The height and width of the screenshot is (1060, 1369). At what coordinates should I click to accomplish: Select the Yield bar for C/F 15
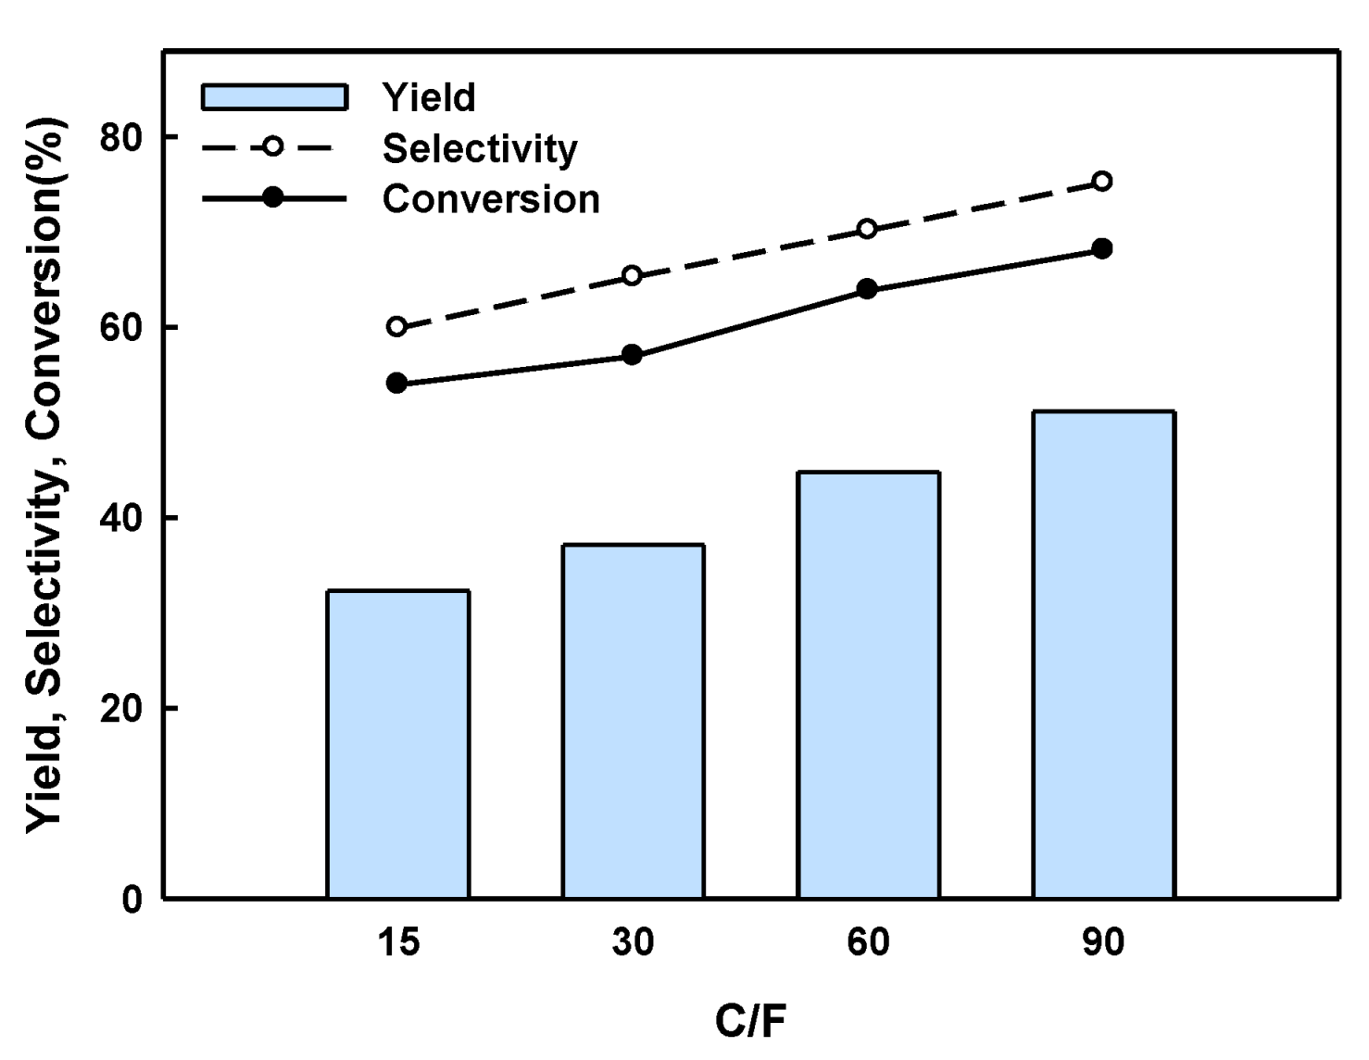point(398,744)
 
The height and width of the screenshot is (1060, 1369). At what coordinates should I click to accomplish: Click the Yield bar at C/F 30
point(634,721)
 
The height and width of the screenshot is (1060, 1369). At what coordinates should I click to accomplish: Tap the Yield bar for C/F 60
point(869,685)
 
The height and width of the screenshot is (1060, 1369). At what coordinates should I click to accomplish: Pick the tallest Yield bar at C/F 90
point(1104,654)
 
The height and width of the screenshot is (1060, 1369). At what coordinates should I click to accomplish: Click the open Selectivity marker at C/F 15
point(397,326)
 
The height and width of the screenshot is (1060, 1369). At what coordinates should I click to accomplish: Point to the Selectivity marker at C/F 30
point(633,275)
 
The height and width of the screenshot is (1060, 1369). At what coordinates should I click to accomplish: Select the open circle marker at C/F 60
point(867,229)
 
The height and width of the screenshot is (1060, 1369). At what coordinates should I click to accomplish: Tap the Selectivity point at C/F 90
point(1102,181)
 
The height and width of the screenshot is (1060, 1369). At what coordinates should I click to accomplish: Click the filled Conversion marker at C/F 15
point(397,383)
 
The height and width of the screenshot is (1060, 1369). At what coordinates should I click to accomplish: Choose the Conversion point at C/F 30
point(633,355)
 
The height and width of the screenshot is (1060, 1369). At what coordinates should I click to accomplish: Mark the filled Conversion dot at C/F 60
point(867,289)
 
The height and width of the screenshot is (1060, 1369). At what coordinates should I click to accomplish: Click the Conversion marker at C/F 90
point(1102,248)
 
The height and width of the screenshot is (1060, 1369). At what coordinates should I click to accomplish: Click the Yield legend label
point(429,97)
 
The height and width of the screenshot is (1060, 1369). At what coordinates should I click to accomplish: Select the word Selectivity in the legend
point(480,148)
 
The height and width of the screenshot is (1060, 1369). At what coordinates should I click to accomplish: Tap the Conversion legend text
point(491,199)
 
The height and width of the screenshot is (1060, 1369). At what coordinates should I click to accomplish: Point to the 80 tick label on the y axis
point(121,137)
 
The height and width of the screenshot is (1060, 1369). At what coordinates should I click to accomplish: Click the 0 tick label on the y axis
point(132,899)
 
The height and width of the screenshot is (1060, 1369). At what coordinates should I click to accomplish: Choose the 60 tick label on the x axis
point(868,942)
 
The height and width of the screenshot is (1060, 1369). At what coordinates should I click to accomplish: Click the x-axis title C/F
point(750,1021)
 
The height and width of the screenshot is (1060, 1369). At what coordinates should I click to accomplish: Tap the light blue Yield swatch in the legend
point(274,97)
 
